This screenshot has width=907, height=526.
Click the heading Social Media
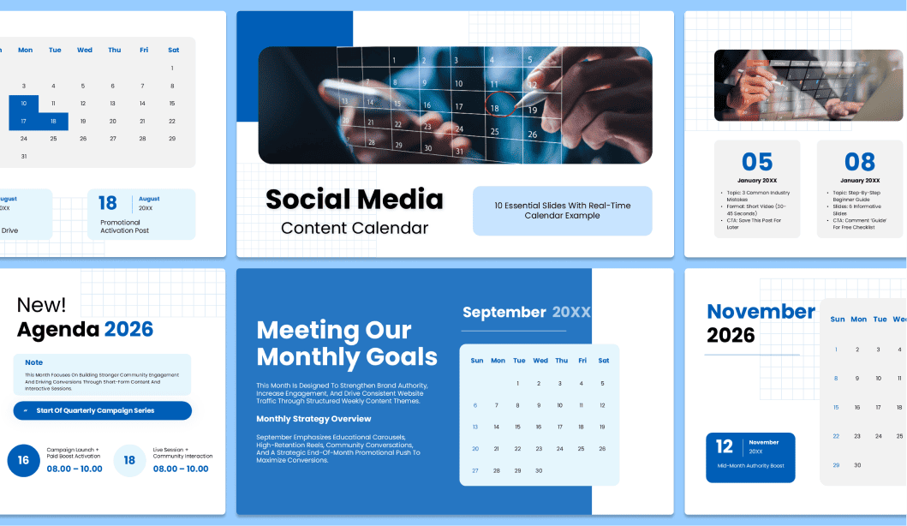pos(354,200)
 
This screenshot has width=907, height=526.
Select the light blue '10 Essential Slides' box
pos(562,211)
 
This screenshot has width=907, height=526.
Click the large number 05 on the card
pos(757,162)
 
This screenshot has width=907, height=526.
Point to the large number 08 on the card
pos(860,162)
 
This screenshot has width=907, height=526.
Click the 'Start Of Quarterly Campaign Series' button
pos(102,410)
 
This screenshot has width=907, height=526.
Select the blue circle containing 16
pos(23,460)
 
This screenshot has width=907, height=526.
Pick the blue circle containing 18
pos(129,460)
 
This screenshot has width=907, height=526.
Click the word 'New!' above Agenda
pos(41,304)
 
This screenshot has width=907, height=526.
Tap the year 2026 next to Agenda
pos(128,329)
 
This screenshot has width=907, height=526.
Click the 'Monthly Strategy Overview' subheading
pos(313,419)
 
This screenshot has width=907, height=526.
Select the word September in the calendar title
pos(504,313)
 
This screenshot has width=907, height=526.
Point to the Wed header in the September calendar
pos(540,361)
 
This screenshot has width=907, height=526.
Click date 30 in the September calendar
pos(539,470)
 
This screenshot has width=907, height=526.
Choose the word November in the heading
pos(761,311)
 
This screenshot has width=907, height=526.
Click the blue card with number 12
pos(751,456)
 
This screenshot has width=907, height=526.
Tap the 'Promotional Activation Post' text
pos(124,226)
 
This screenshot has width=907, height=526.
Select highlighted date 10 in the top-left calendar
pos(24,104)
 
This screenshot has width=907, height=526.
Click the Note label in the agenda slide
pos(34,362)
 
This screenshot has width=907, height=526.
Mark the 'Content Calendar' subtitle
pos(355,228)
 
